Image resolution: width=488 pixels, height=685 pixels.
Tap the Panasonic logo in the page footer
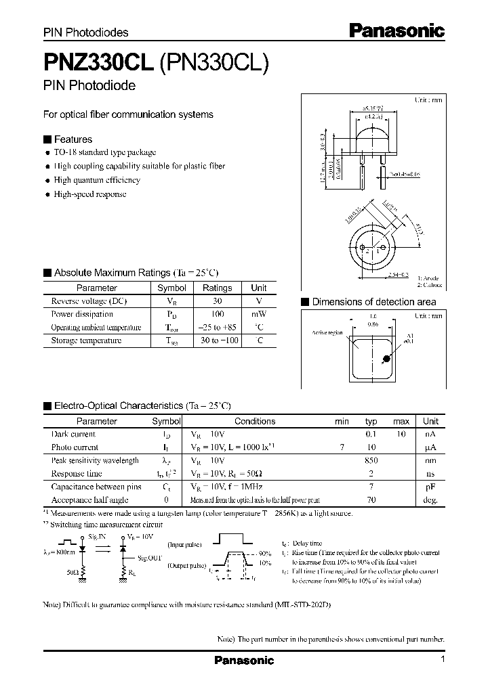click(244, 660)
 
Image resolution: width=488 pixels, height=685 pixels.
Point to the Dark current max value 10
click(401, 434)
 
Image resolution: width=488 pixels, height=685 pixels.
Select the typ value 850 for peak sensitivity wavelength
click(371, 460)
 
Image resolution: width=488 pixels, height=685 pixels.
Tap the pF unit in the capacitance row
click(430, 487)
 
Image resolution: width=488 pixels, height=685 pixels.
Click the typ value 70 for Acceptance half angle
click(371, 500)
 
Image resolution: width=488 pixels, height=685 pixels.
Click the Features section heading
click(73, 139)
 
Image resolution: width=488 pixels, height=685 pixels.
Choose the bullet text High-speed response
click(90, 194)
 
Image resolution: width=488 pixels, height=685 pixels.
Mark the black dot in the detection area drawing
click(385, 360)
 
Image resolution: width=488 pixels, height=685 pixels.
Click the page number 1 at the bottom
click(443, 659)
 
